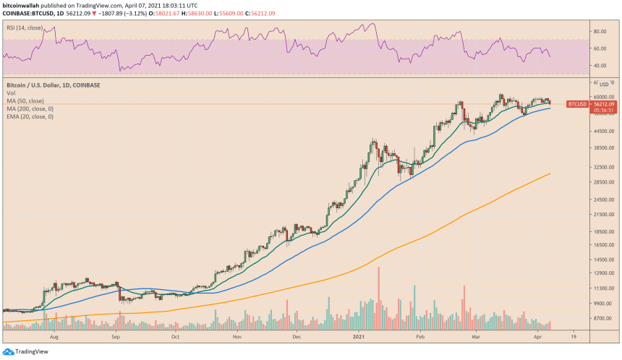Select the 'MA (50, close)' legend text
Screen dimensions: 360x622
(x=27, y=100)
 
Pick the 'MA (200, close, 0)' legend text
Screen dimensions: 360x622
(x=31, y=108)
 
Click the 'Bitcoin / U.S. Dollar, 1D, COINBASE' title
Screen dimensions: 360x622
(x=53, y=85)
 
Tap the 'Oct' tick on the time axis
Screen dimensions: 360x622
(x=176, y=337)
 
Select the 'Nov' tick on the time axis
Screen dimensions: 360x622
(x=237, y=337)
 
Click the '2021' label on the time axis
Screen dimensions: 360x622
(x=359, y=337)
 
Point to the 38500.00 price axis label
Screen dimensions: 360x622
(x=602, y=148)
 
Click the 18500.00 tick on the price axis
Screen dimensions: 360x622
(x=602, y=232)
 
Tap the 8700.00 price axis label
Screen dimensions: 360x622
(x=602, y=318)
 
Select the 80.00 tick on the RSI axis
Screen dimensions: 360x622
(x=600, y=32)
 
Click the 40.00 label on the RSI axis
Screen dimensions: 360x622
(x=600, y=66)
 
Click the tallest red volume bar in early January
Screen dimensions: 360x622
(x=378, y=298)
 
